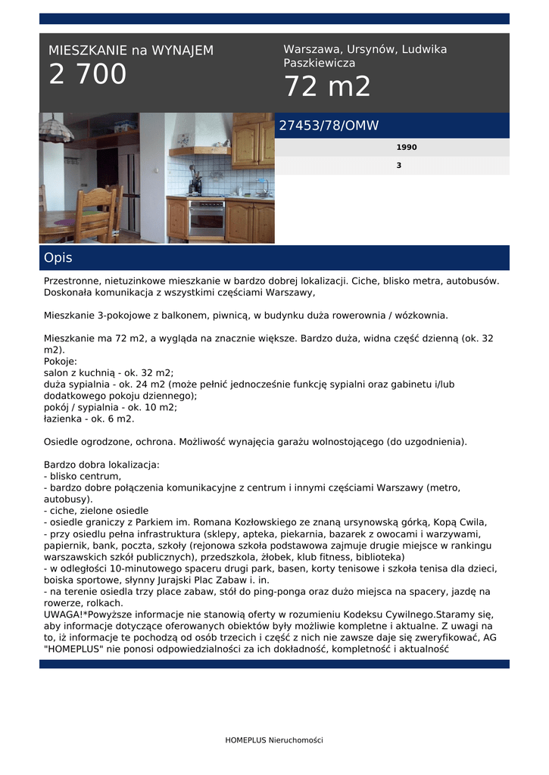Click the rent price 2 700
click(88, 75)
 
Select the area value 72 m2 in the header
click(327, 87)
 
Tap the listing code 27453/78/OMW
click(329, 126)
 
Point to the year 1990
click(407, 148)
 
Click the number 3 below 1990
click(399, 165)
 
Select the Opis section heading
click(58, 258)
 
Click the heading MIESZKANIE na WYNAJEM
click(131, 51)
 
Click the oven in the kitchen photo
click(206, 218)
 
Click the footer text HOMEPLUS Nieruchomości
click(274, 740)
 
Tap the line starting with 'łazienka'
click(89, 419)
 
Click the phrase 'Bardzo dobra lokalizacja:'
click(101, 464)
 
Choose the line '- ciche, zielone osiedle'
click(96, 511)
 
